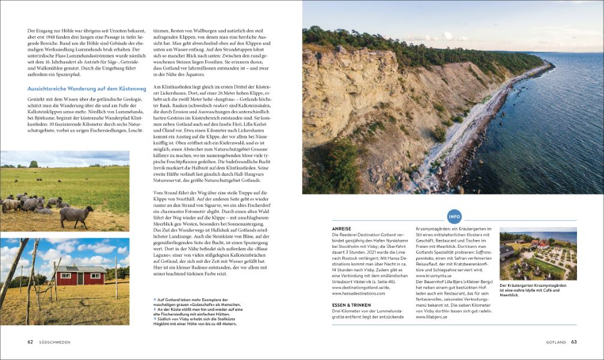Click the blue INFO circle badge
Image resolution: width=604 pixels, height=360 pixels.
pyautogui.click(x=455, y=217)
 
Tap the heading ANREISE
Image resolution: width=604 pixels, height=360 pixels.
pyautogui.click(x=342, y=229)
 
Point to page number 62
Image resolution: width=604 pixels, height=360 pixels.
pyautogui.click(x=30, y=342)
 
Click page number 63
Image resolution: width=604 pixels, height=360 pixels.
pyautogui.click(x=573, y=342)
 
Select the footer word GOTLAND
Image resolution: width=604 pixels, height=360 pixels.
pyautogui.click(x=555, y=342)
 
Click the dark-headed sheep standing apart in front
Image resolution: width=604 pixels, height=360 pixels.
pyautogui.click(x=76, y=215)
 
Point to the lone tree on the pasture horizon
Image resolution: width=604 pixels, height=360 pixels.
pyautogui.click(x=33, y=164)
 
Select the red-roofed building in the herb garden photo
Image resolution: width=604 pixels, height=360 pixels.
pyautogui.click(x=541, y=245)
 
